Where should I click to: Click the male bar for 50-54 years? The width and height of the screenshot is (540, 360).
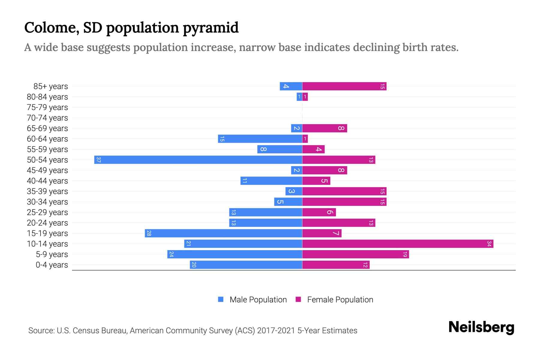coord(198,160)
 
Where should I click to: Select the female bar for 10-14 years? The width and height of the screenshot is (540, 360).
coord(397,244)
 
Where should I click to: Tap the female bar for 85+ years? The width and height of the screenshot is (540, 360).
coord(344,86)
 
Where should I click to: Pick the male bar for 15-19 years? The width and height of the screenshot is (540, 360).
coord(223,233)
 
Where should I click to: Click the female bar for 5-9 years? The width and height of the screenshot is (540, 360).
coord(355,254)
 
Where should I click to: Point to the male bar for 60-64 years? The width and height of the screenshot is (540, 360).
coord(260,139)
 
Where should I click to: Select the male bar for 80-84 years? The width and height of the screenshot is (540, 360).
coord(299,97)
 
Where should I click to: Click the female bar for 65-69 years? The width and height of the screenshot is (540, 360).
coord(325,128)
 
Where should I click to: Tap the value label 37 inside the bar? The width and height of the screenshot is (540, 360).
coord(98,160)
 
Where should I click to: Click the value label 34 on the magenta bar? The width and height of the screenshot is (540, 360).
coord(489,244)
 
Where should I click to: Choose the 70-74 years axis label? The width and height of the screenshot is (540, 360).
coord(47,118)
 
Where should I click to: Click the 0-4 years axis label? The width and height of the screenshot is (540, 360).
coord(52,265)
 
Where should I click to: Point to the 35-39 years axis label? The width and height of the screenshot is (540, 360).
coord(47,191)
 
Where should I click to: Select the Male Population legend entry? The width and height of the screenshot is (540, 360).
coord(258,300)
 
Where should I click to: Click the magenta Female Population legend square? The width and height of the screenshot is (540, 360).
coord(298,299)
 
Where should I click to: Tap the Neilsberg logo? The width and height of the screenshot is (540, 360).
coord(481,327)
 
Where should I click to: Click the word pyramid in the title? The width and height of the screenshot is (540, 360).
coord(211,28)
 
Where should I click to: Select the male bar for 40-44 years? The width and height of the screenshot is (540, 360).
coord(271,181)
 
